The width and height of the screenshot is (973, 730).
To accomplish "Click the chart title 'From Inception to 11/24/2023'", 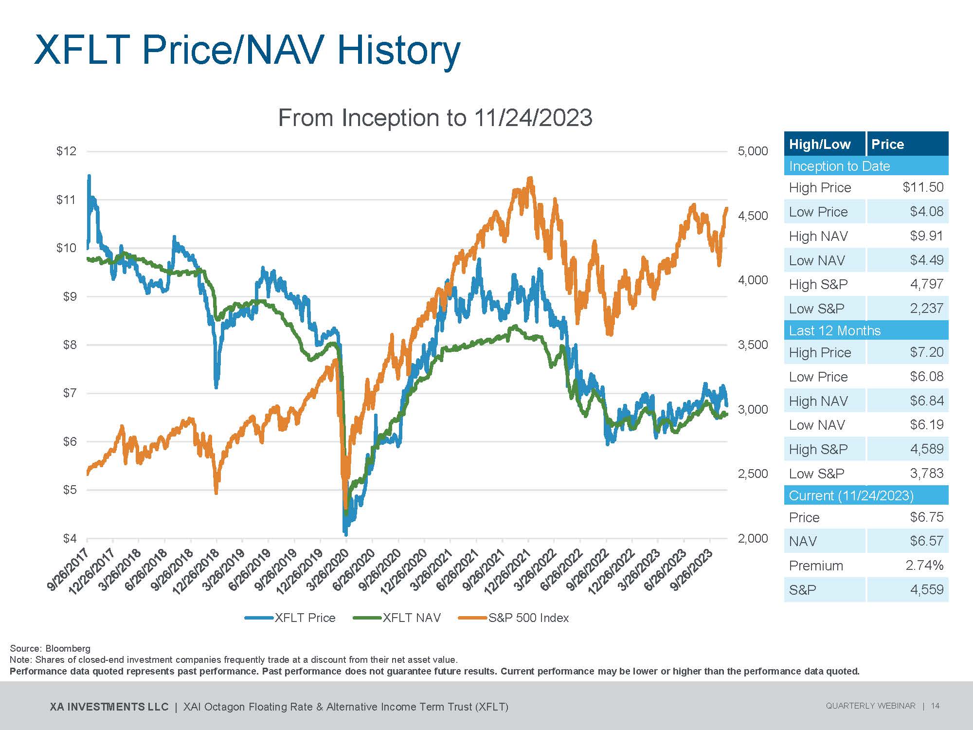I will tap(435, 118).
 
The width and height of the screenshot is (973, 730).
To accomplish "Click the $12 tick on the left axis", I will tap(67, 151).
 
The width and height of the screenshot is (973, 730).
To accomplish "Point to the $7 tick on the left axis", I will tap(70, 393).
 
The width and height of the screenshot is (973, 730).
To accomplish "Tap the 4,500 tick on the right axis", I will tap(753, 216).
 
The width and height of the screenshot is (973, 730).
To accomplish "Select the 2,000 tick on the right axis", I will tap(753, 538).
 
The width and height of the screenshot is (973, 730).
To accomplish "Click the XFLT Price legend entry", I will tap(305, 618).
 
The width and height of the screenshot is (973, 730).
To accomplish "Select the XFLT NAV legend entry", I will tap(411, 618).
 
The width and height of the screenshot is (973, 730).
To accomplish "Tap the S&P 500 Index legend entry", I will tap(528, 618).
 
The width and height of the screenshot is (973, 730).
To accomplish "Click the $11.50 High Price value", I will tap(923, 187).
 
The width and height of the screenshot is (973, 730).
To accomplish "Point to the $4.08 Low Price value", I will tap(926, 212).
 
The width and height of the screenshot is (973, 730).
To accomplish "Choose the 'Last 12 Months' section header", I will tap(834, 331).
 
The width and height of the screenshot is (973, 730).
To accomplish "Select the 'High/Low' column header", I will tap(820, 144).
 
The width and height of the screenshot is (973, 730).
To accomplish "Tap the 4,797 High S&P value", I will tap(926, 284).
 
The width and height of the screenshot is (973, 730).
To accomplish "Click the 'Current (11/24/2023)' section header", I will tap(851, 495).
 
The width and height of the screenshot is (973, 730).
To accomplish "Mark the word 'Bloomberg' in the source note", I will tap(68, 648).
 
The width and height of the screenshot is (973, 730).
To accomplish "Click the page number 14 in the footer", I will tap(935, 706).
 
